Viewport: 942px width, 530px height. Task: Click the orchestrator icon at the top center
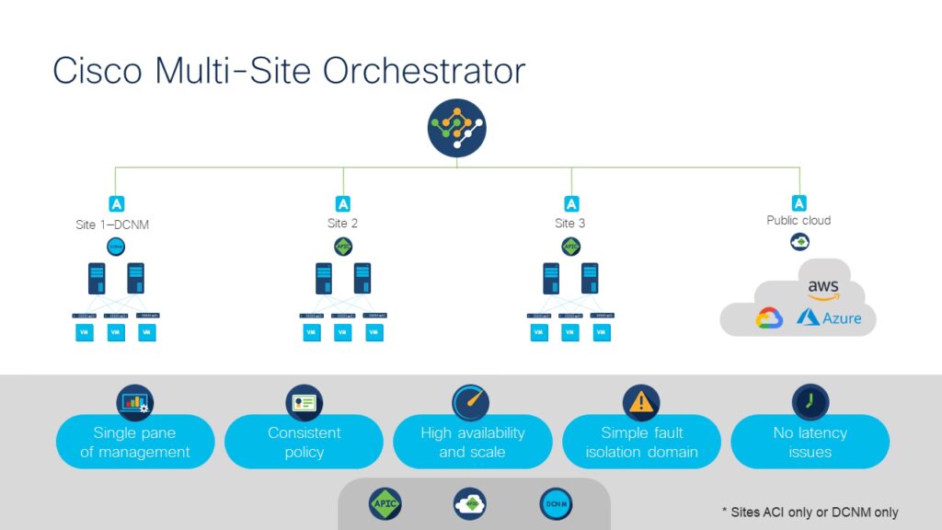456,128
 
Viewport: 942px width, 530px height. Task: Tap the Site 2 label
342,224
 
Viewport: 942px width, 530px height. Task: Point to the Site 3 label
570,224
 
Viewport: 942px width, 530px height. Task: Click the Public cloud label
798,221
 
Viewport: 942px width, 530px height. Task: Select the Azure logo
830,317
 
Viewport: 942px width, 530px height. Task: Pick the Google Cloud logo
769,318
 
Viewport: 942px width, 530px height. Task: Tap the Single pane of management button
135,443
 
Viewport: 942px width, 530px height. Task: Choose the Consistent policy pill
304,443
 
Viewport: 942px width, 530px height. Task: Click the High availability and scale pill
472,443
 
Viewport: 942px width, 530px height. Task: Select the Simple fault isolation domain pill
641,443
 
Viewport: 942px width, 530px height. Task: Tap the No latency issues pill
810,443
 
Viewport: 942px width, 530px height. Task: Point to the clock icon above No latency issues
810,402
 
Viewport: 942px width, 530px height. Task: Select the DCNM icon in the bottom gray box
556,503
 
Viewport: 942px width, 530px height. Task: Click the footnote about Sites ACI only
810,512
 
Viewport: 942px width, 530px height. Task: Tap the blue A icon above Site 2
343,204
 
